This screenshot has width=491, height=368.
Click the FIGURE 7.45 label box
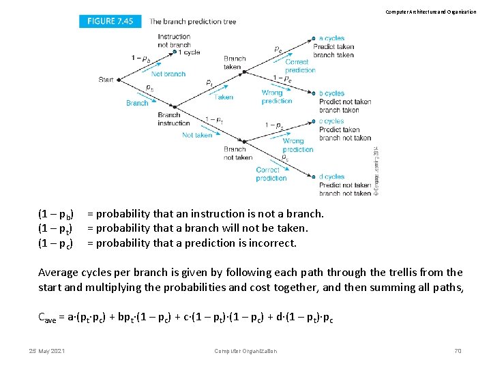tap(110, 21)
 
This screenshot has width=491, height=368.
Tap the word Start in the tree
tap(106, 80)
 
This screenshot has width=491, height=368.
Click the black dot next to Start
tap(119, 80)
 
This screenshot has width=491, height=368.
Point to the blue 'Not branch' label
tap(168, 74)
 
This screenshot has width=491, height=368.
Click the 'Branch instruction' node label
tap(173, 119)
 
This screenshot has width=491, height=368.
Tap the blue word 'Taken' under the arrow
tap(224, 97)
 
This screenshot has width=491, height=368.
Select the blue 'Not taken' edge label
tap(197, 135)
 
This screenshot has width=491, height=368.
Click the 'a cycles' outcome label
tap(331, 39)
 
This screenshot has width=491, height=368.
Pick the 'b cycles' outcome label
tap(331, 93)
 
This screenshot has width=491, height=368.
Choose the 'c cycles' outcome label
tap(331, 121)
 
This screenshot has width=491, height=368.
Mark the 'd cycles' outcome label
tap(331, 177)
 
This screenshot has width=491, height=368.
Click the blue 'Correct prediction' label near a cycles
tap(300, 66)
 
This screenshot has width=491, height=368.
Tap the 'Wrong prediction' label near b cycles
tap(276, 97)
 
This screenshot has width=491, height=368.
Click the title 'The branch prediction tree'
tap(192, 21)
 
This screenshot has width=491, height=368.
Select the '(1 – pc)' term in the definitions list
tap(57, 243)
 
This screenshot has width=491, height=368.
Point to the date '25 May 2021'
tap(46, 351)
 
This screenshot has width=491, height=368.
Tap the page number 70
tap(458, 351)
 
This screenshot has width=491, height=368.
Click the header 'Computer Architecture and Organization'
tap(430, 12)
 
